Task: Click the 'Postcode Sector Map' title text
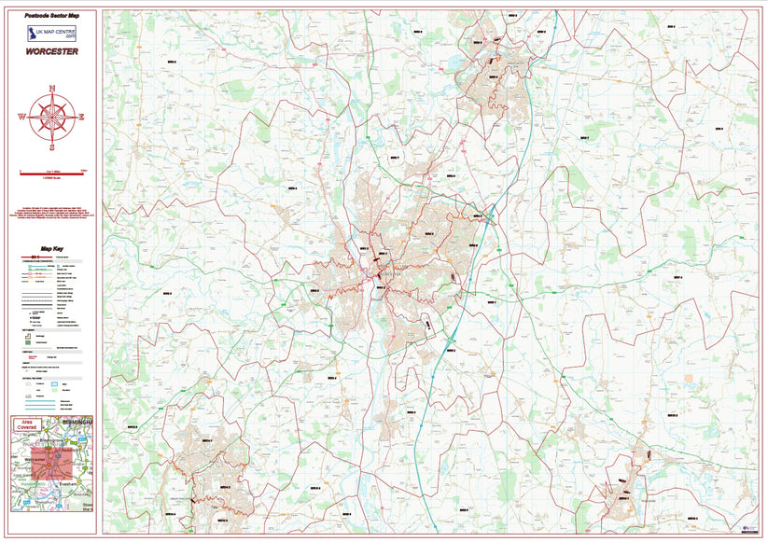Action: pyautogui.click(x=52, y=16)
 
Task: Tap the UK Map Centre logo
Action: pyautogui.click(x=52, y=35)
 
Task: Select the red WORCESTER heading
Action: pyautogui.click(x=52, y=63)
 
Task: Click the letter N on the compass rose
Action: pyautogui.click(x=52, y=89)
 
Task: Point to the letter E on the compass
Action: pyautogui.click(x=81, y=118)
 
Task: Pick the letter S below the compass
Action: pyautogui.click(x=52, y=147)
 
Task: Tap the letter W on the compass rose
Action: pyautogui.click(x=21, y=118)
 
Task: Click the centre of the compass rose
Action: pyautogui.click(x=52, y=118)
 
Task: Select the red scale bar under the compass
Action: pyautogui.click(x=52, y=171)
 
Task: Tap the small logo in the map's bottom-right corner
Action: pyautogui.click(x=747, y=527)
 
